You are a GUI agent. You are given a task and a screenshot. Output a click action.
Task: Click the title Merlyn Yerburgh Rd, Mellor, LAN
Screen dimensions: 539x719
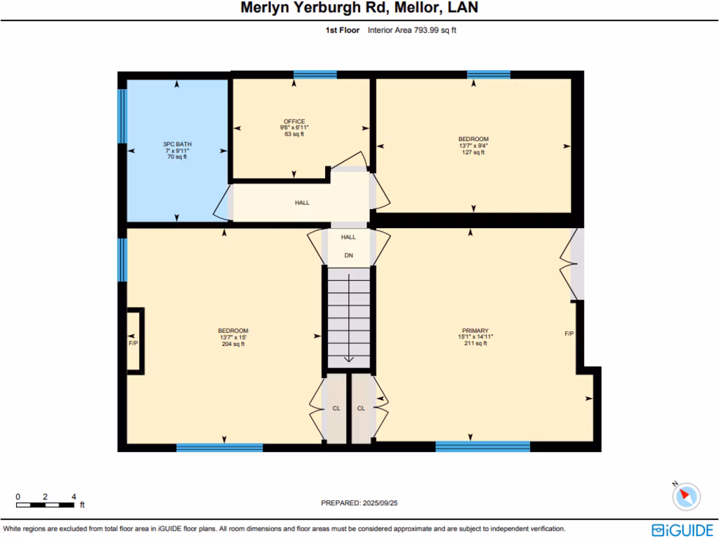click(x=359, y=8)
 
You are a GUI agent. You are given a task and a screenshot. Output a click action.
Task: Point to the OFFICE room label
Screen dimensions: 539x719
click(x=294, y=127)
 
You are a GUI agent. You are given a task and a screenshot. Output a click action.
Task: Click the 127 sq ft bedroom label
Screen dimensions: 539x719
click(x=473, y=145)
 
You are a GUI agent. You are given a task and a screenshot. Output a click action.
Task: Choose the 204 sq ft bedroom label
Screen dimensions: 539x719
click(x=233, y=337)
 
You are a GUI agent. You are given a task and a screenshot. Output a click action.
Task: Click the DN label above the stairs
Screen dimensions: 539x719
click(x=348, y=255)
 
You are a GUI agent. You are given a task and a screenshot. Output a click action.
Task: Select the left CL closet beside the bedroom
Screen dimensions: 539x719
click(x=336, y=408)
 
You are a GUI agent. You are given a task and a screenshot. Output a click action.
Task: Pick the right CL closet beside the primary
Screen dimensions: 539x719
click(x=361, y=408)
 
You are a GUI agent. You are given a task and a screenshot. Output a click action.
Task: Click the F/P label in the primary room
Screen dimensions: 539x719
click(x=569, y=333)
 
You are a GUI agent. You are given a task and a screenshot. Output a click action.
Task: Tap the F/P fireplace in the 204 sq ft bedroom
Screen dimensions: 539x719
click(x=133, y=342)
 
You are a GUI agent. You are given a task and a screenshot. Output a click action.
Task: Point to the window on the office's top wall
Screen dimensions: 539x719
click(x=315, y=74)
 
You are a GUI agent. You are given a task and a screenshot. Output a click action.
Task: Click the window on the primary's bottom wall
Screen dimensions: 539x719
click(x=482, y=446)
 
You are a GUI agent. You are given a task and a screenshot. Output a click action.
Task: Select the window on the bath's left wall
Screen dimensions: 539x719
click(x=122, y=117)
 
